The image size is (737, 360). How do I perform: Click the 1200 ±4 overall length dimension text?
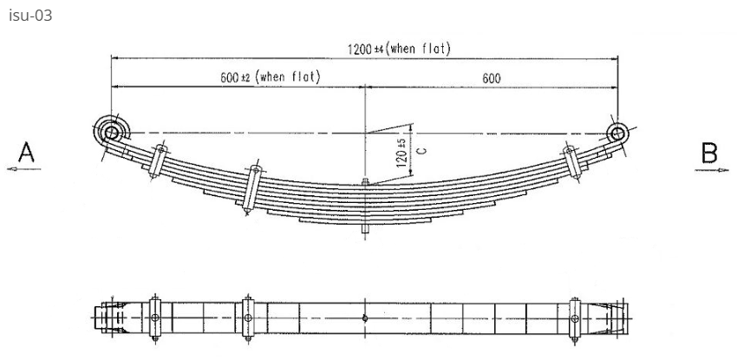point(398,49)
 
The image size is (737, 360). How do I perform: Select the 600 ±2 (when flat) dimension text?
point(270,77)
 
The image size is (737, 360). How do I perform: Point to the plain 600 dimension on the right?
point(491,78)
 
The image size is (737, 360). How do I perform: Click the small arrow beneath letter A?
point(20,171)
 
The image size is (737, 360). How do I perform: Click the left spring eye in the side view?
point(110,132)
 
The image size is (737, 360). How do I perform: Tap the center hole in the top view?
point(366,317)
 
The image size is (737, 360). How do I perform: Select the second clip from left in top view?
point(248,317)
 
